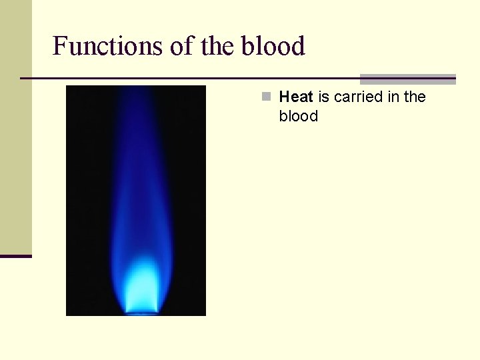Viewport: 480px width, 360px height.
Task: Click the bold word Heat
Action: pos(296,97)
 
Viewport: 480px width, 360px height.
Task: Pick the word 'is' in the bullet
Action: pos(323,97)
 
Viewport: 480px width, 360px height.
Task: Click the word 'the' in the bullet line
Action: pos(415,97)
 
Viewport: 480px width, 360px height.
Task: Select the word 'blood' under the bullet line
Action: pos(299,116)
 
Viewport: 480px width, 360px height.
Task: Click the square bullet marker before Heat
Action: pos(266,97)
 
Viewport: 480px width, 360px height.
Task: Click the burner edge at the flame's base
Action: pos(142,312)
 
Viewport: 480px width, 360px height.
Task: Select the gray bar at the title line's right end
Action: pos(407,79)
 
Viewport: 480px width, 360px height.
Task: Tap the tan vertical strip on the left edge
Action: pos(15,127)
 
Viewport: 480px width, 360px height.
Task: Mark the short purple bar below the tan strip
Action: pos(15,256)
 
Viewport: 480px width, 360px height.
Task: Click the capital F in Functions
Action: pos(59,46)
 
